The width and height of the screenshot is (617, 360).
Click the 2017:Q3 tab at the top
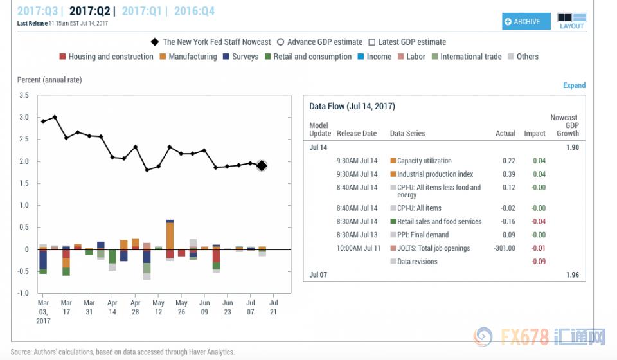coord(38,11)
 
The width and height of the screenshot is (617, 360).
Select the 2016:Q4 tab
coord(194,11)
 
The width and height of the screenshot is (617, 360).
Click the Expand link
coord(574,85)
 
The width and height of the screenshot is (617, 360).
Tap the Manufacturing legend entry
coord(192,57)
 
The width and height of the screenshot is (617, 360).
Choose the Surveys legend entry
coord(245,57)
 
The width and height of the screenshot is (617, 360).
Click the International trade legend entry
coord(470,57)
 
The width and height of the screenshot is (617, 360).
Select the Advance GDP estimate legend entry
coord(325,42)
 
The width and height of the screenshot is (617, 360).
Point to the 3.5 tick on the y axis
coord(24,95)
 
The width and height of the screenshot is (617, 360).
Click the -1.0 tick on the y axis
coord(23,293)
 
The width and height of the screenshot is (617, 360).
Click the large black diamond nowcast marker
coord(262,166)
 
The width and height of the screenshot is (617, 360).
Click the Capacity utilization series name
coord(424,161)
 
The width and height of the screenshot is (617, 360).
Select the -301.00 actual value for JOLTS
coord(503,248)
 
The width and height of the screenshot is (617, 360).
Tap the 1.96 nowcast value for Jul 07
coord(572,275)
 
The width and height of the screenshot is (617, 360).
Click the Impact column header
coord(535,134)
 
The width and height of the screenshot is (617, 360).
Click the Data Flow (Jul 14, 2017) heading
coord(352,106)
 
